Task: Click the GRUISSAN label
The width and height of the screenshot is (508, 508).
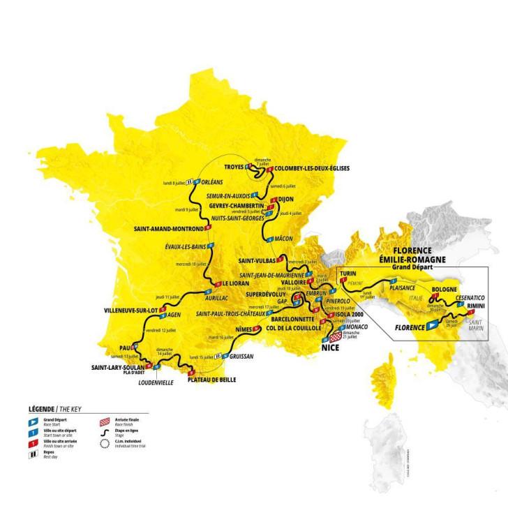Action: point(241,356)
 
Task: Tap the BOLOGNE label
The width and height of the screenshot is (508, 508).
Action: point(444,288)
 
